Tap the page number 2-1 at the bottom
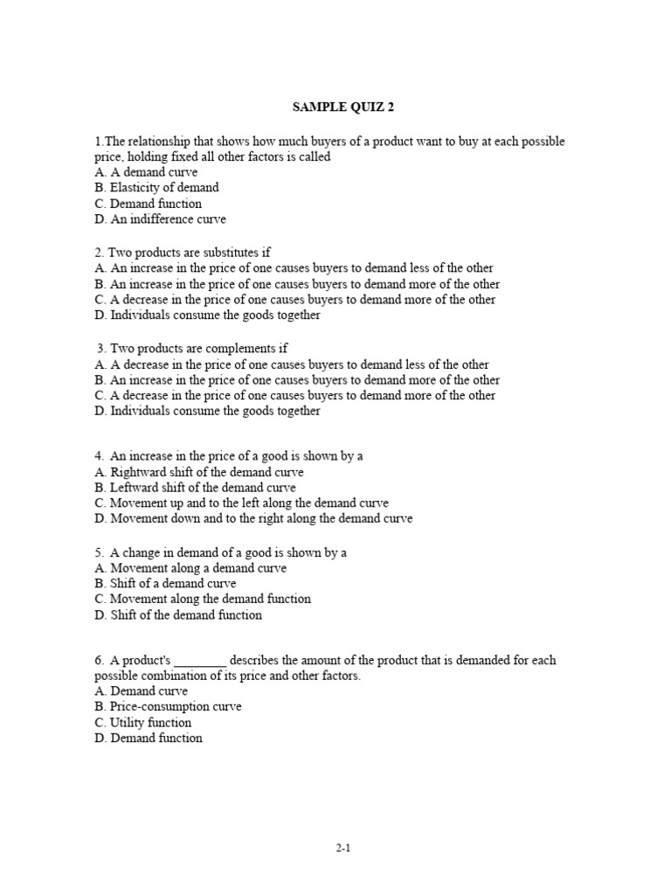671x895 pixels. click(342, 848)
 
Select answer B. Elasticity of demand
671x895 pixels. click(157, 187)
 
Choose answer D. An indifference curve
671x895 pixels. click(161, 219)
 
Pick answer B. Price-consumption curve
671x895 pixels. click(169, 706)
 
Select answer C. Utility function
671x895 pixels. click(143, 723)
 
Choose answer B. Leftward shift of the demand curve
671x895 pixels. click(196, 488)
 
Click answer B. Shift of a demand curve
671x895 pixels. click(166, 583)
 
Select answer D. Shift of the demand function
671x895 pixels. click(178, 614)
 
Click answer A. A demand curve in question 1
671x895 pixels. click(147, 172)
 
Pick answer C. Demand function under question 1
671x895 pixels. click(149, 204)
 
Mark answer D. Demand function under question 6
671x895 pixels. click(149, 738)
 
